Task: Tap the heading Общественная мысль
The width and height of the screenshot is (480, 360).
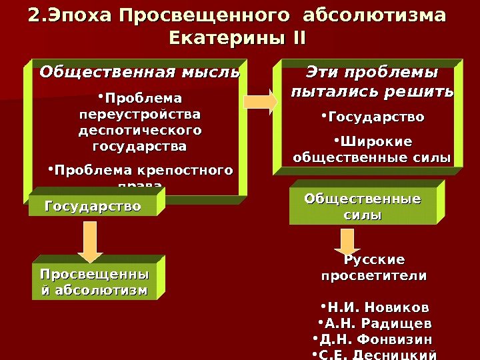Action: coord(140,71)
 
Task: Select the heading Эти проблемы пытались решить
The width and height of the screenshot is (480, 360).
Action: coord(372,81)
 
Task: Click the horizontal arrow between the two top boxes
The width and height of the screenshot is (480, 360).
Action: coord(261,101)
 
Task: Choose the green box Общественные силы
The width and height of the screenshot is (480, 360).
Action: coord(364,207)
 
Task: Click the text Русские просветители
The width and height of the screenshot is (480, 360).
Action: coord(373,267)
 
